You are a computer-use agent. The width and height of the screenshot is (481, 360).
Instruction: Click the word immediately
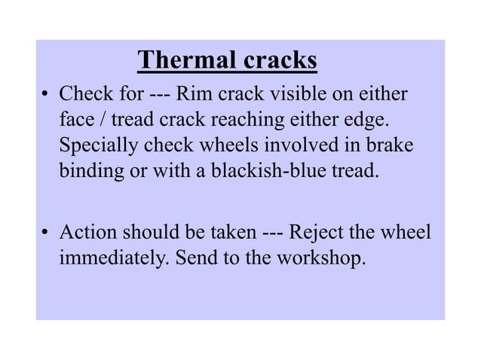(x=112, y=257)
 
